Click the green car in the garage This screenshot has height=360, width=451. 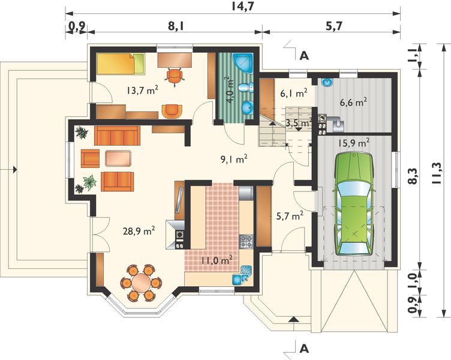(x=354, y=204)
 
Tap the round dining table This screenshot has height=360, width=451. (x=141, y=283)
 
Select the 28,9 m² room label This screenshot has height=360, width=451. (x=139, y=231)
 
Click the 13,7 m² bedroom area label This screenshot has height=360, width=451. (x=142, y=91)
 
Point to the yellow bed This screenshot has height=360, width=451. (x=121, y=64)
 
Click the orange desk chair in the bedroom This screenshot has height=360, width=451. (x=175, y=76)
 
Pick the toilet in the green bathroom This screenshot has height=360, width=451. (x=246, y=88)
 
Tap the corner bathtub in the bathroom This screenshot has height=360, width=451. (x=243, y=63)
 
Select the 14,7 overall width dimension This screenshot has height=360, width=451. (x=242, y=7)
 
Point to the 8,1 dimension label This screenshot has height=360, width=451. (x=176, y=26)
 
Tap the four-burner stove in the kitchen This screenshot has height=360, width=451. (x=246, y=241)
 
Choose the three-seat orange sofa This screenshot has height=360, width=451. (x=117, y=136)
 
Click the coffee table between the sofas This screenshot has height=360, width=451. (x=119, y=158)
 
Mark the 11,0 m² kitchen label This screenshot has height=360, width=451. (x=217, y=261)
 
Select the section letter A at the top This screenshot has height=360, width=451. (x=304, y=56)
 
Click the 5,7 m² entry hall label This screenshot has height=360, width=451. (x=289, y=216)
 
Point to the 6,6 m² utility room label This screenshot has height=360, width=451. (x=353, y=102)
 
